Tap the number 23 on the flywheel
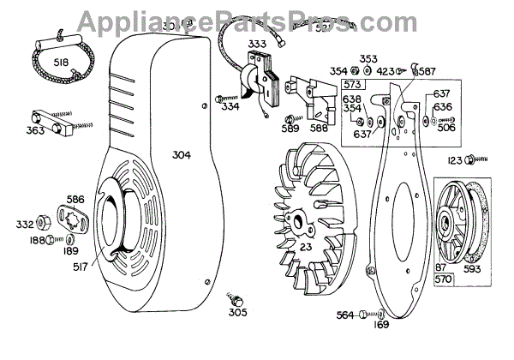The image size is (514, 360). click(304, 249)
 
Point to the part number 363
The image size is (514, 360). click(34, 132)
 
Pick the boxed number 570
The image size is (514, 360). click(442, 279)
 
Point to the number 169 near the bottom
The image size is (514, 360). click(381, 326)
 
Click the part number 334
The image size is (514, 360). click(230, 107)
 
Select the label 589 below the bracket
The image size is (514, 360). click(290, 130)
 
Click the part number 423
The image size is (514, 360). click(385, 71)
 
